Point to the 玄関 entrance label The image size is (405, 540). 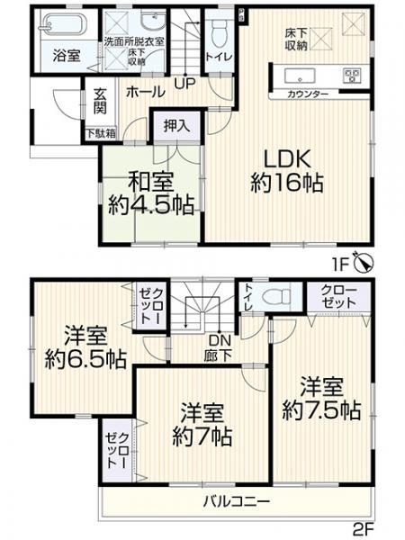click(x=99, y=101)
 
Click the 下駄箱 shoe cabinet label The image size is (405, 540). click(x=100, y=134)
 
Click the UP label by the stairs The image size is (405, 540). click(x=184, y=85)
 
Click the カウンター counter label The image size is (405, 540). click(x=307, y=94)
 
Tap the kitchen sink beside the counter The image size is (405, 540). click(x=298, y=75)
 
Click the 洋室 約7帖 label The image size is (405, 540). click(x=202, y=425)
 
